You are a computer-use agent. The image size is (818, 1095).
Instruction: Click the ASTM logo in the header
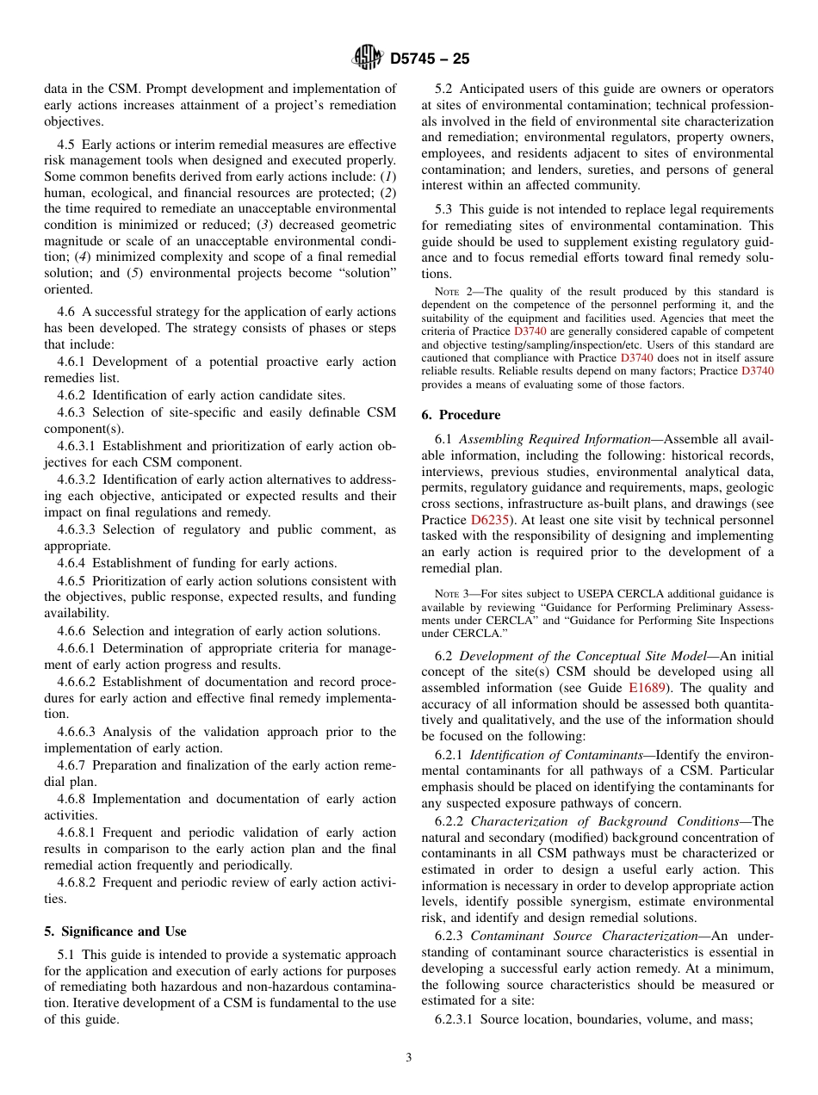click(369, 59)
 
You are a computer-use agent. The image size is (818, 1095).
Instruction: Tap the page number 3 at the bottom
click(409, 1058)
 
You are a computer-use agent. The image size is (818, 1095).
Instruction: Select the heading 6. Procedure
click(461, 414)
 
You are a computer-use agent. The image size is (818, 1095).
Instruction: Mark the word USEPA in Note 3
click(565, 593)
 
